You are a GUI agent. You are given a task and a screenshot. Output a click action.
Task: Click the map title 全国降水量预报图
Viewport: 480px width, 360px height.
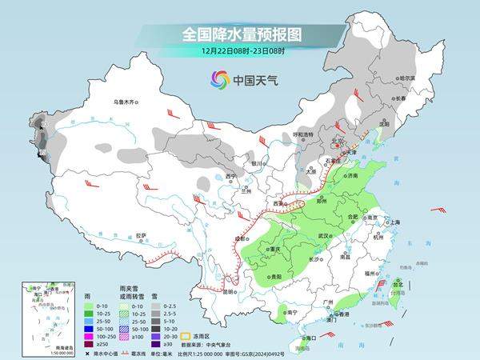(x=239, y=34)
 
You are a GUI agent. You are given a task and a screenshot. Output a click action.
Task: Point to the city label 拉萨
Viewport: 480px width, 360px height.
(x=141, y=235)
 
